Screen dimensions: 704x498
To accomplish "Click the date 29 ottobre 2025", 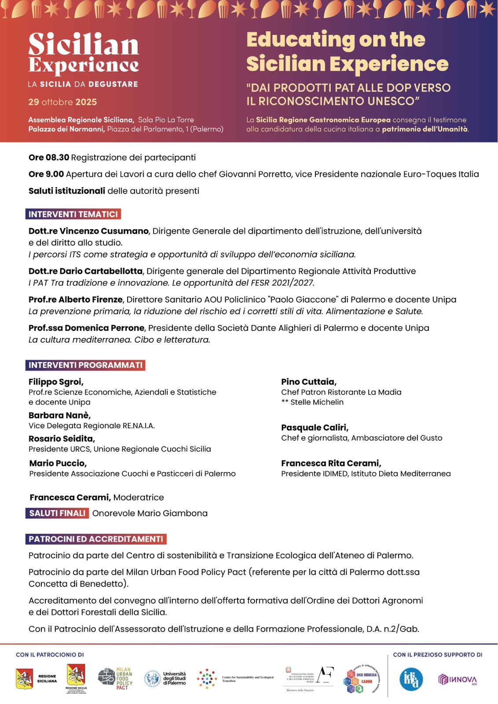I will tap(62, 102).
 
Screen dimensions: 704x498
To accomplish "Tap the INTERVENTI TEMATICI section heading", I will tap(73, 214).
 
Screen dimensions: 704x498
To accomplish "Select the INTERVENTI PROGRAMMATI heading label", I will tap(85, 365).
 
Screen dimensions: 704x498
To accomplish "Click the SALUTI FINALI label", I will tap(57, 513).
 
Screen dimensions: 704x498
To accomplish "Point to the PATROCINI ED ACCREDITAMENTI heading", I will tap(96, 539).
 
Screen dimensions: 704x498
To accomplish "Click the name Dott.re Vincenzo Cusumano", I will tap(88, 231).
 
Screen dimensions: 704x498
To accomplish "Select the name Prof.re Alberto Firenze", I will tap(76, 300).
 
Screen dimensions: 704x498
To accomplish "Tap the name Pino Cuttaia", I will tap(309, 382).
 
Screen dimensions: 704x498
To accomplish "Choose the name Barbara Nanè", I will tap(59, 415).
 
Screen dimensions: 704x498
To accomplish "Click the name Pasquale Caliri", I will tap(315, 428).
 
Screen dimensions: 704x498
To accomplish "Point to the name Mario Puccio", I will tap(58, 463).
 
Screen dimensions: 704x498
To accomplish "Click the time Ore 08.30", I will tap(49, 158).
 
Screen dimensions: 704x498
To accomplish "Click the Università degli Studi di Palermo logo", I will tap(165, 678).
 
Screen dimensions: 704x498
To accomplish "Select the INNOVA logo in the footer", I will tap(458, 680).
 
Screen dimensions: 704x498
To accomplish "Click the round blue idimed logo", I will tap(411, 679).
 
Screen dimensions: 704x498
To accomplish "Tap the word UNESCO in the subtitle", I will tap(392, 101).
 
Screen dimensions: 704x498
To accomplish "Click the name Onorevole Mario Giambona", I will tap(150, 513).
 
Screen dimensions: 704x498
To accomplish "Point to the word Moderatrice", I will tap(139, 498).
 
